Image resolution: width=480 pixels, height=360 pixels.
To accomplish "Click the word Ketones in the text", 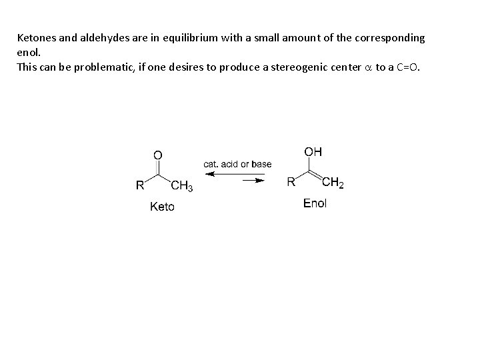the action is pos(36,38).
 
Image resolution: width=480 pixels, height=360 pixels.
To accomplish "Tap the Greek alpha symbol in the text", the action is pos(369,67).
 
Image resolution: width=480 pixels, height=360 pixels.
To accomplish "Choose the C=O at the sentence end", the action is pos(408,67).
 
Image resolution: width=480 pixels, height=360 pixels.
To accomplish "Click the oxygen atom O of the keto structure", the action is pos(157,155).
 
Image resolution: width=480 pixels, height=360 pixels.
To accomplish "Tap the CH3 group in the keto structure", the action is pos(181,186).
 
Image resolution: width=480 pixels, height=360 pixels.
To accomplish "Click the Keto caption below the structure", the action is pos(163,207).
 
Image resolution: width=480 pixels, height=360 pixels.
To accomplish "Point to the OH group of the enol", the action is pos(313,152).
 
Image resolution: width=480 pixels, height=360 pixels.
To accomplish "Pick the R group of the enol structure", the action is pos(291,182).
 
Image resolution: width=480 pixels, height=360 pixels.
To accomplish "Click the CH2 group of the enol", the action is pos(333,183).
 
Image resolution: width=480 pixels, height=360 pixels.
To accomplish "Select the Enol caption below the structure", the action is pos(315,204).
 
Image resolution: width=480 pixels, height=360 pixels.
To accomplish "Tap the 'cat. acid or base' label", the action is pos(237,164).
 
